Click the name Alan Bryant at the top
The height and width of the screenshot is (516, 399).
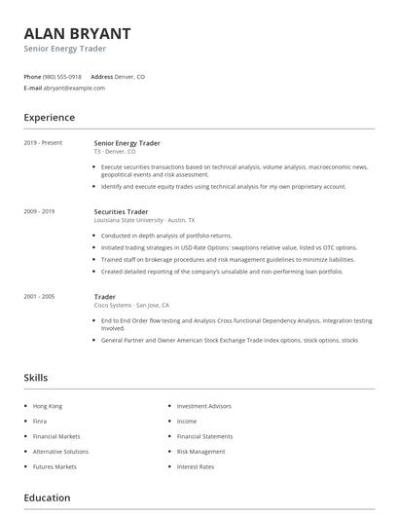tap(77, 32)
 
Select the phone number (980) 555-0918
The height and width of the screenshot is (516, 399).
tap(62, 76)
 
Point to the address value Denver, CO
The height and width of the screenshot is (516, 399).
tap(130, 76)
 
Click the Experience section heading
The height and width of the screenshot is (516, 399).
tap(50, 118)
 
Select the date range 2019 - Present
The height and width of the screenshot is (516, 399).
tap(43, 143)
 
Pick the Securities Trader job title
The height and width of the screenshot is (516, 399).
tap(121, 211)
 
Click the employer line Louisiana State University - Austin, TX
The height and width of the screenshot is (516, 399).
tap(144, 220)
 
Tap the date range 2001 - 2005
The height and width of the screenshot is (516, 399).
tap(40, 296)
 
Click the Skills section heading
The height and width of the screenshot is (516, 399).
tap(36, 378)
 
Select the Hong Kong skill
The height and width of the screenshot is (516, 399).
tap(47, 405)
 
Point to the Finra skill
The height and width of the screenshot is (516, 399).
tap(40, 421)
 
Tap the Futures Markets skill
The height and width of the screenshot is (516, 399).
tap(54, 467)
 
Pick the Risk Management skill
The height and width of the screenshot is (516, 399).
tap(200, 452)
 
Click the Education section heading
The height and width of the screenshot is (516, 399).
tap(47, 498)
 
